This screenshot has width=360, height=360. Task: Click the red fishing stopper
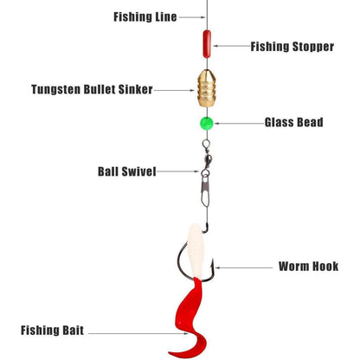pyautogui.click(x=207, y=44)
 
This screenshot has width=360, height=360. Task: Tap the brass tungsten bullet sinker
pyautogui.click(x=207, y=88)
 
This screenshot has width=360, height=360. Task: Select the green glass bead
pyautogui.click(x=207, y=124)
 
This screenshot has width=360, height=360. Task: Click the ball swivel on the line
pyautogui.click(x=206, y=157)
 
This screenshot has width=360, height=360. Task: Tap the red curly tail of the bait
pyautogui.click(x=189, y=318)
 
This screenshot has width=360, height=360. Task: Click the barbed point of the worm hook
pyautogui.click(x=213, y=264)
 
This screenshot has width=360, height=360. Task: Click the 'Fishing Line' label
pyautogui.click(x=145, y=17)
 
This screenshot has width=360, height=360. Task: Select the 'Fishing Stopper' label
pyautogui.click(x=292, y=47)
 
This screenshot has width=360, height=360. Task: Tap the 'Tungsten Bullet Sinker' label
pyautogui.click(x=92, y=89)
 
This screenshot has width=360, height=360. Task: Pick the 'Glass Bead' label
pyautogui.click(x=294, y=122)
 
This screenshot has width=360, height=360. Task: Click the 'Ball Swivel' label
pyautogui.click(x=127, y=171)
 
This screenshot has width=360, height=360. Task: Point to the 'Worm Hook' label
pyautogui.click(x=308, y=267)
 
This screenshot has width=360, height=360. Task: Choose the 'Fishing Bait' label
pyautogui.click(x=52, y=331)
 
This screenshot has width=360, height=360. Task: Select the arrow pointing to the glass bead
pyautogui.click(x=239, y=124)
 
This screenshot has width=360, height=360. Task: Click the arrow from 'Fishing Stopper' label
pyautogui.click(x=231, y=46)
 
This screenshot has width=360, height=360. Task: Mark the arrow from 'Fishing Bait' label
pyautogui.click(x=138, y=333)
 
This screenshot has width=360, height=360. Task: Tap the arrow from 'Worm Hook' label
pyautogui.click(x=244, y=267)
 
